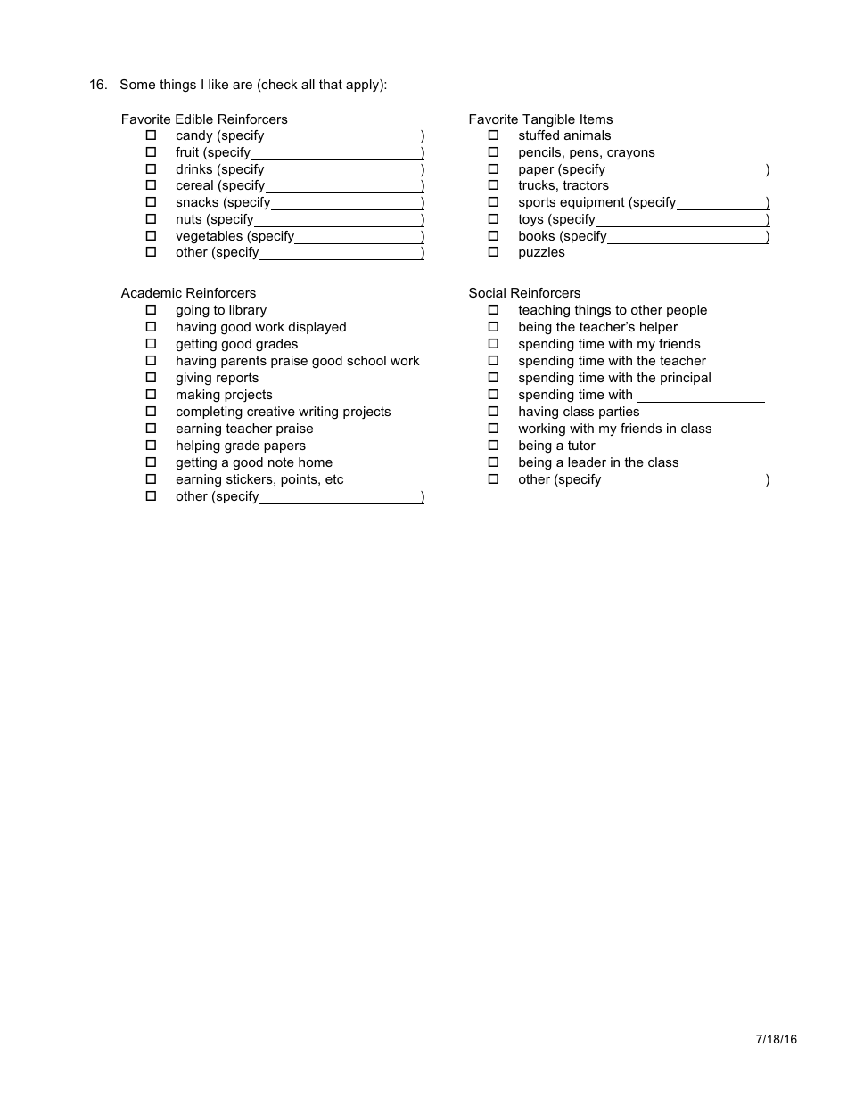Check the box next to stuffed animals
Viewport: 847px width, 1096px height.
coord(493,135)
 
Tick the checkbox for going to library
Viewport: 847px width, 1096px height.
coord(151,310)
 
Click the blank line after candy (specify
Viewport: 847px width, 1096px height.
coord(346,137)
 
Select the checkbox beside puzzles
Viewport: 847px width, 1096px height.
coord(493,252)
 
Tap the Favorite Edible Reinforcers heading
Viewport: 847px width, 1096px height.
coord(204,119)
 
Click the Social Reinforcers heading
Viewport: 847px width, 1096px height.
coord(524,293)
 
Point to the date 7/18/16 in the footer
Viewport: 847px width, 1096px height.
coord(776,1039)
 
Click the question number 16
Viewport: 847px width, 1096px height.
coord(97,85)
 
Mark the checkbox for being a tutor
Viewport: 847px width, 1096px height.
coord(493,446)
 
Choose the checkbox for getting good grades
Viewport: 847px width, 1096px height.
coord(151,344)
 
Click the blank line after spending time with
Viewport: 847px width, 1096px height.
coord(701,397)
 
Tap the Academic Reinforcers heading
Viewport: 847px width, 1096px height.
coord(188,293)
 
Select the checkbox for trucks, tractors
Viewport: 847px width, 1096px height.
coord(493,185)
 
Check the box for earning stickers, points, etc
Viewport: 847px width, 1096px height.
coord(151,479)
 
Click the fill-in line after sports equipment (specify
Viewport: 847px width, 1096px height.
coord(720,204)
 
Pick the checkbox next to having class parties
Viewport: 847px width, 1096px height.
coord(493,412)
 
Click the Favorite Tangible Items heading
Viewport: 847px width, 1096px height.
coord(540,119)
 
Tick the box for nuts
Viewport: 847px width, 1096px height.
coord(151,219)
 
